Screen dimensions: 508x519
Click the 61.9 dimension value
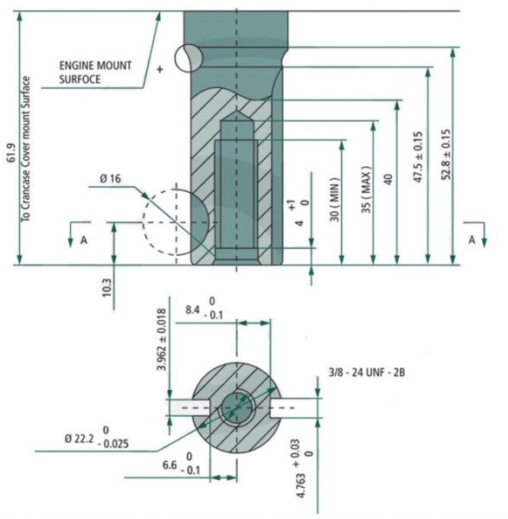pos(11,152)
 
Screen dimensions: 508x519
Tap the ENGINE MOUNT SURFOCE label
pos(95,72)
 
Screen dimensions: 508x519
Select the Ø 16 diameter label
pos(110,179)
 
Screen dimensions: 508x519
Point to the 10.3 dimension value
pos(107,287)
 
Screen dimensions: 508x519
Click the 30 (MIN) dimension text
pos(335,199)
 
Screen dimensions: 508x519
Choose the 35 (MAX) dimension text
pos(366,189)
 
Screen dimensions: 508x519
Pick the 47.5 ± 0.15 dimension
pos(418,157)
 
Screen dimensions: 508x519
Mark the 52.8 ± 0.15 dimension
pos(446,155)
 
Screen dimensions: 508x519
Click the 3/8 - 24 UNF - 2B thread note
pos(367,372)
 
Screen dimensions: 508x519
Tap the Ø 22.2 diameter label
pos(79,439)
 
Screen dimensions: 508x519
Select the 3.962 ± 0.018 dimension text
pos(162,340)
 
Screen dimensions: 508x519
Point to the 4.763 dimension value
pos(301,485)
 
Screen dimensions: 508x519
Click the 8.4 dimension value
pos(192,310)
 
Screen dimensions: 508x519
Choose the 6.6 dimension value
pos(170,465)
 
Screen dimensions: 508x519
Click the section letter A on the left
pos(84,240)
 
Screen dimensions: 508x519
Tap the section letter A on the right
pos(472,240)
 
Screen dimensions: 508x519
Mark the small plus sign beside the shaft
pos(160,69)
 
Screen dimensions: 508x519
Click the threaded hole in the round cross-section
pos(236,407)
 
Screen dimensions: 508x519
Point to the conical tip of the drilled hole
pos(236,116)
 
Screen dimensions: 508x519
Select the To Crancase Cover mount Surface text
pos(25,150)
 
